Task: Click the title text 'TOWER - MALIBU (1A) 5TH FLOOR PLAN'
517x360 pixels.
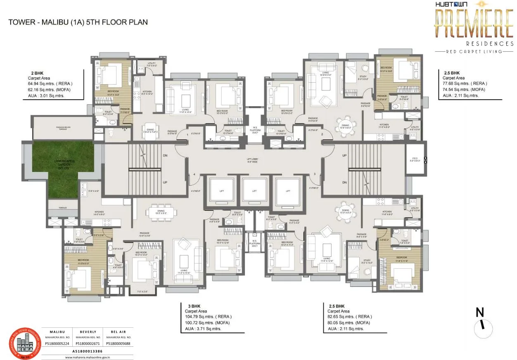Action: tap(78, 22)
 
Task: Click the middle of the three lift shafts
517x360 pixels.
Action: tap(254, 191)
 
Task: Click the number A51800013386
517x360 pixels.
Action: tap(88, 350)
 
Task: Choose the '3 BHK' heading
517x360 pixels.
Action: tap(189, 306)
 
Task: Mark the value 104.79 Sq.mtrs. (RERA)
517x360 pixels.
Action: tap(205, 317)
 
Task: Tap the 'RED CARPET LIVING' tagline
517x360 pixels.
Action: tap(474, 52)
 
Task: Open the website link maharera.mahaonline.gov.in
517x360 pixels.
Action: tap(88, 357)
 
